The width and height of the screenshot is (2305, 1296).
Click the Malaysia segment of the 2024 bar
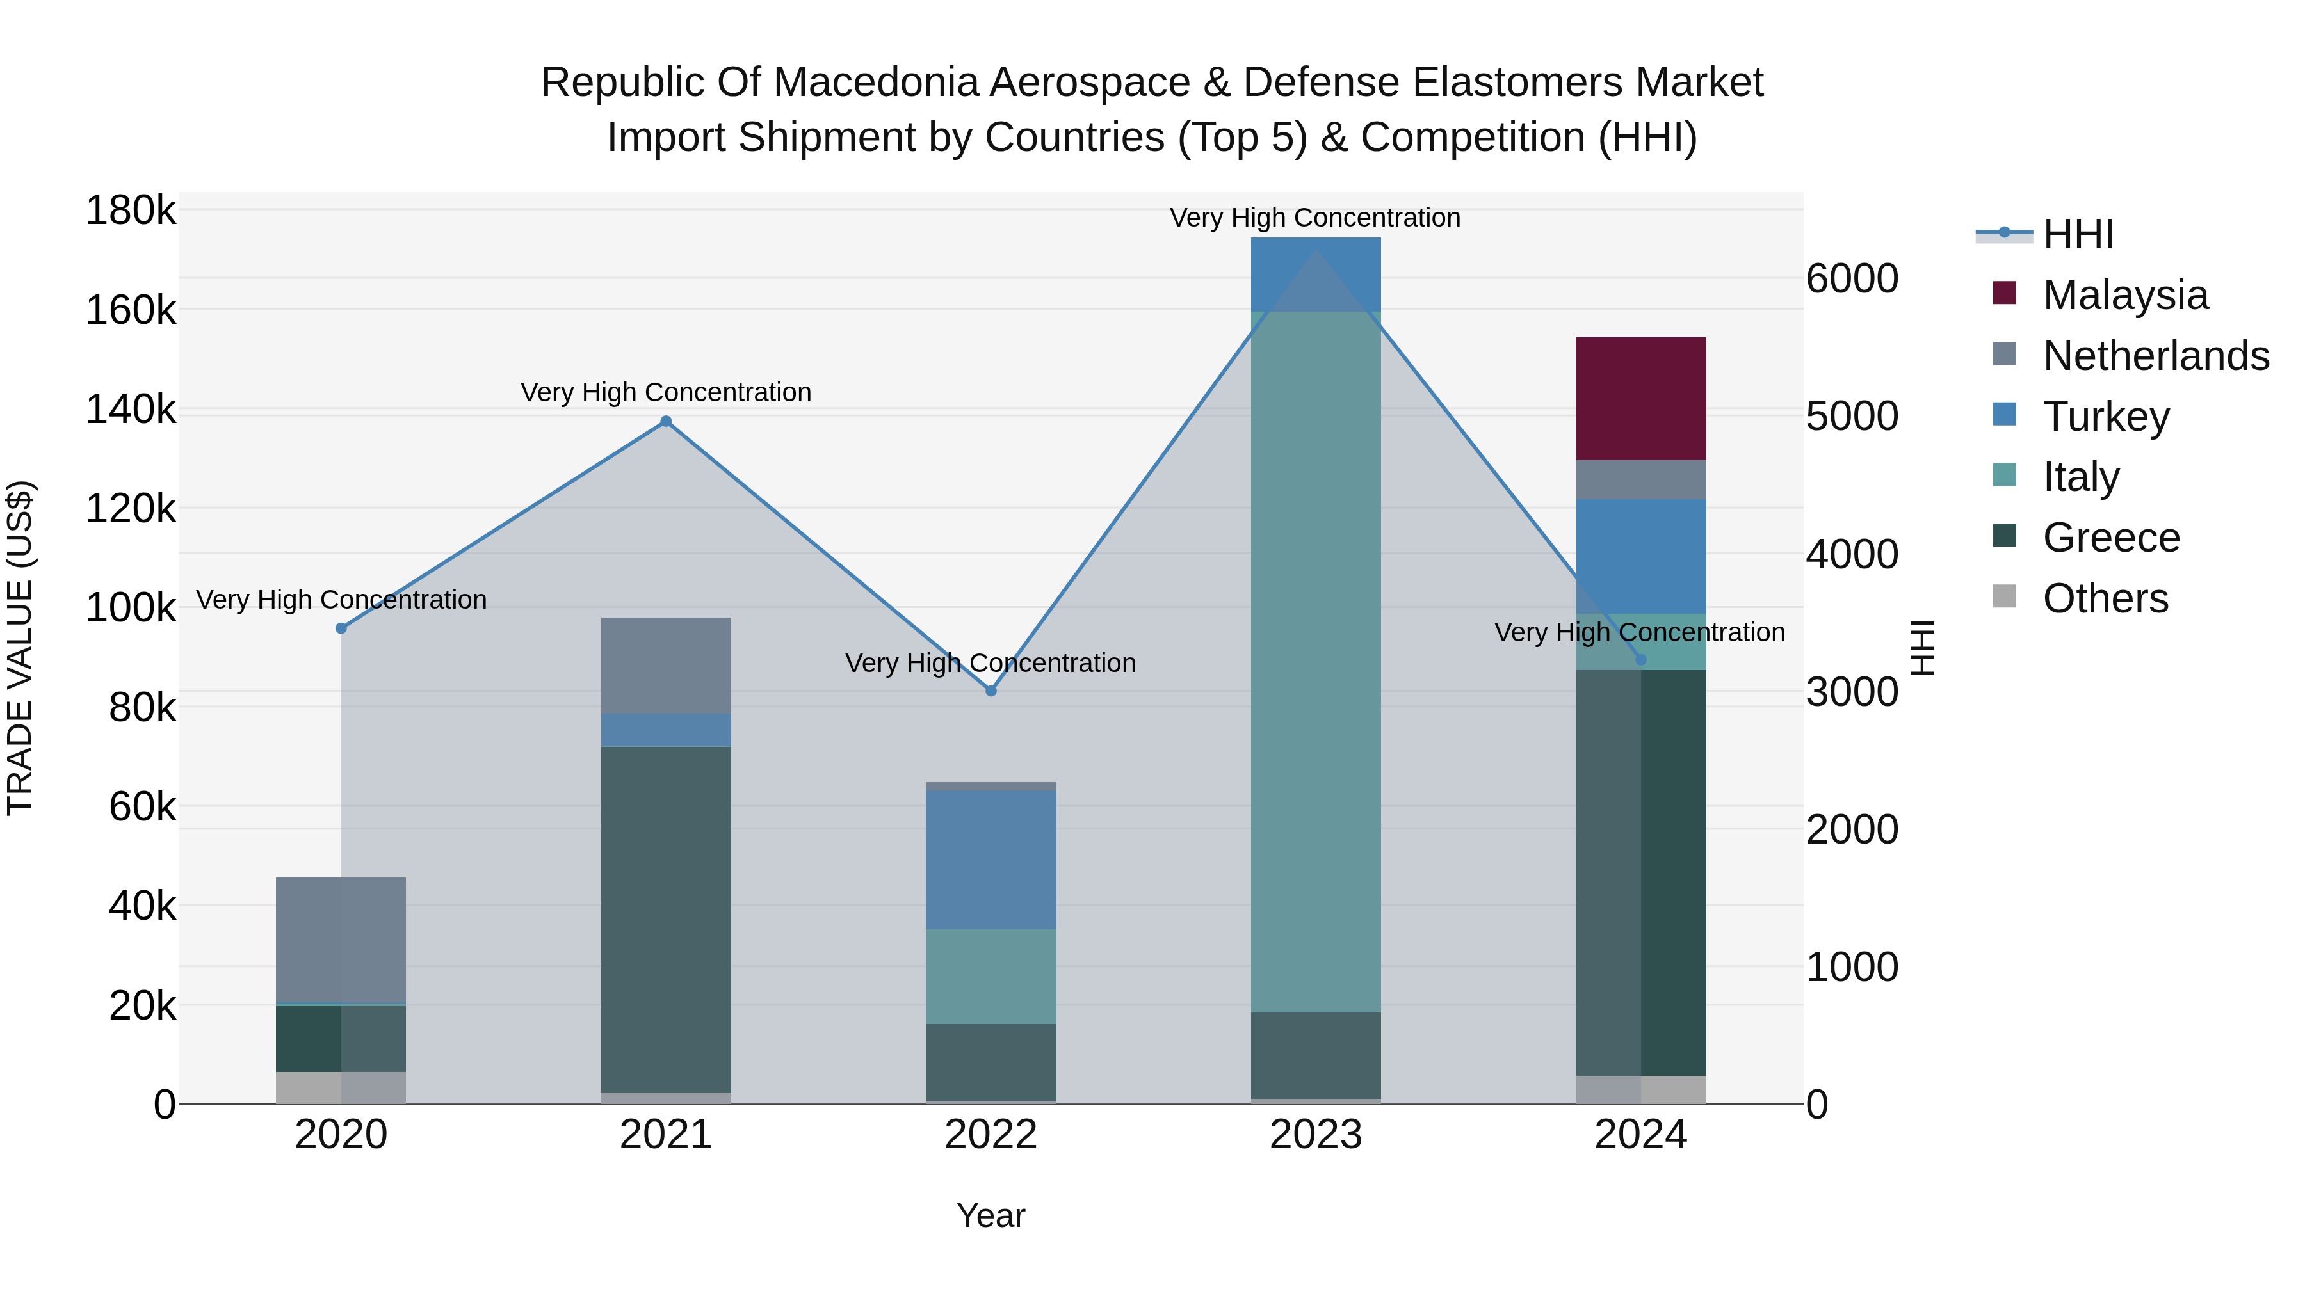coord(1640,399)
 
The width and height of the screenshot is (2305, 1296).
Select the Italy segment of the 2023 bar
coord(1315,662)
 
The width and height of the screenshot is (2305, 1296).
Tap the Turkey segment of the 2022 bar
coord(991,860)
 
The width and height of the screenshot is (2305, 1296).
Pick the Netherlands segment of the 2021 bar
coord(666,666)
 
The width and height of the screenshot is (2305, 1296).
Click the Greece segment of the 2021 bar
coord(666,920)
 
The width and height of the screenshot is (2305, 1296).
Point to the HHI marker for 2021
coord(666,421)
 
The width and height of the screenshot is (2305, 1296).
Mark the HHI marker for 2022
coord(991,691)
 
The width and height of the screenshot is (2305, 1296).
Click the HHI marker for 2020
coord(341,628)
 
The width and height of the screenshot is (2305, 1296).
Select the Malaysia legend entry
coord(2125,295)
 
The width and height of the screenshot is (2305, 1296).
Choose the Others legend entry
coord(2105,598)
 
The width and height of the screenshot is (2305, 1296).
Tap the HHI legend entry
coord(2078,234)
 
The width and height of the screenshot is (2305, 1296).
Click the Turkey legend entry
coord(2105,417)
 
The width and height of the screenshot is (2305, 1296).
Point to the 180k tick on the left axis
coord(131,211)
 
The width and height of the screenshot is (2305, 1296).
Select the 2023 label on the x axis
coord(1315,1135)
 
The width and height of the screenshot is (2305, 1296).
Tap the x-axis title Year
coord(991,1215)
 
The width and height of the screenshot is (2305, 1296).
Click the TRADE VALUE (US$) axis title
coord(20,648)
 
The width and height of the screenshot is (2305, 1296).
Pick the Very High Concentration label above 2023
coord(1314,218)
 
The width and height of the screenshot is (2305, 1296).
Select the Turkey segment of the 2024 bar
coord(1640,556)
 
